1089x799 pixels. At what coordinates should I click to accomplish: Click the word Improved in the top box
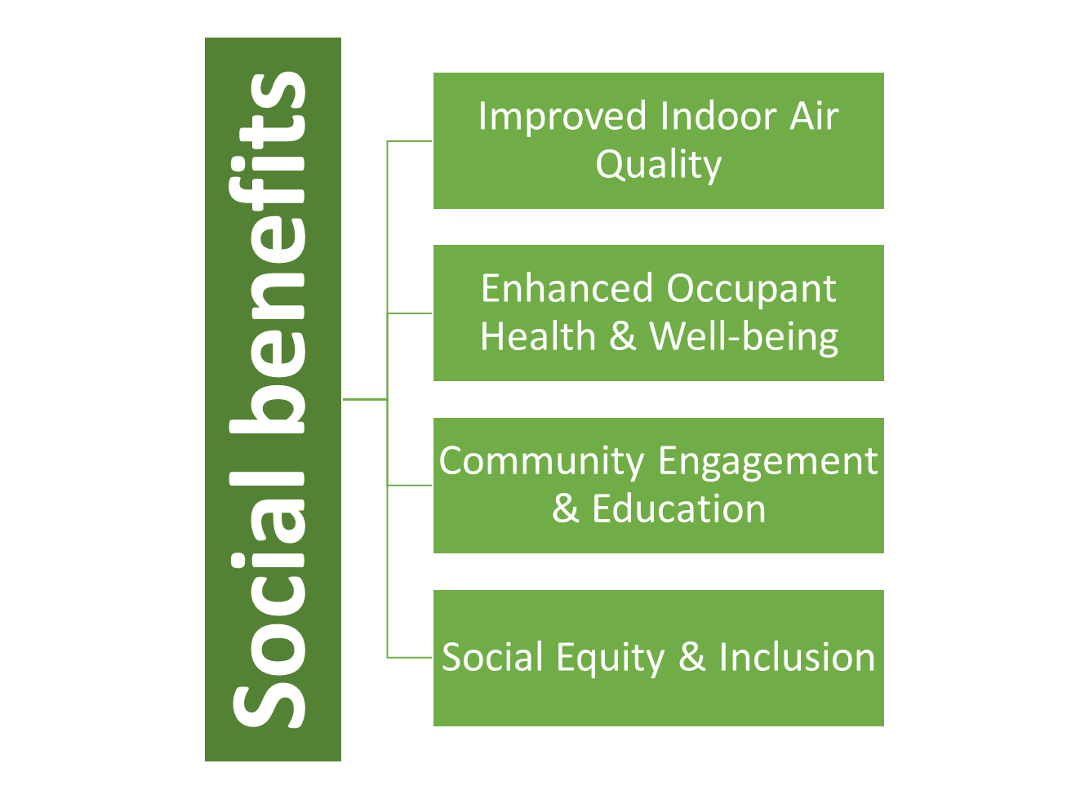click(562, 118)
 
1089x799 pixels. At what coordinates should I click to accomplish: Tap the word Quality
click(659, 165)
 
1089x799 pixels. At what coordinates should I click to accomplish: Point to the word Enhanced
click(567, 288)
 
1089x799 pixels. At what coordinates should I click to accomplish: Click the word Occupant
click(752, 291)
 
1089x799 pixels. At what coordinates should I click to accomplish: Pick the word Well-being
click(744, 338)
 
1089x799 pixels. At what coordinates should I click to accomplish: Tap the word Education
click(679, 508)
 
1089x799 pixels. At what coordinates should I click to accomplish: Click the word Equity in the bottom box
click(610, 659)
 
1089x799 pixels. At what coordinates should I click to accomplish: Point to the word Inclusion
click(798, 657)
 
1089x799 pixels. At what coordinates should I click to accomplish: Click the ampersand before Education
click(566, 508)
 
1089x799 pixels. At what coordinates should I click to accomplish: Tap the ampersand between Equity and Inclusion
click(691, 657)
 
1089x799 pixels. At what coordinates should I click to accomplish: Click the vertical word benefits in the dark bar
click(267, 253)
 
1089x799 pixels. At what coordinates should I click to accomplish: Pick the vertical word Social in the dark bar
click(267, 601)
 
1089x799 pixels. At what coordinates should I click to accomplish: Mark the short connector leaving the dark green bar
click(365, 400)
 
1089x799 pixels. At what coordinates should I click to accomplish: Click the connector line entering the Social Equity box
click(409, 658)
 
